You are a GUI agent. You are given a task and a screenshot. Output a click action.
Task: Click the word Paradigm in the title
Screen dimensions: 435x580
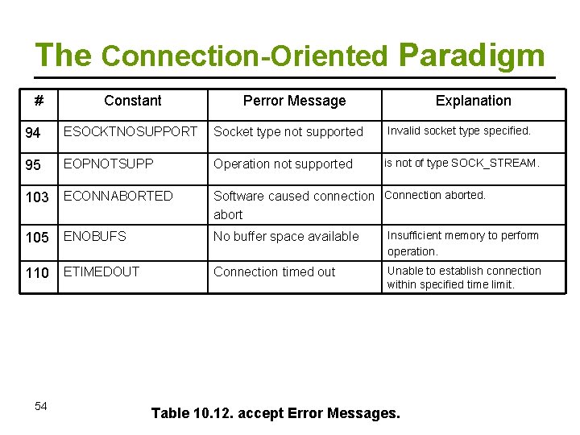tap(471, 56)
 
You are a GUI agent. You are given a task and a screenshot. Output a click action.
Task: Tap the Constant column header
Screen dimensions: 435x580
tap(132, 101)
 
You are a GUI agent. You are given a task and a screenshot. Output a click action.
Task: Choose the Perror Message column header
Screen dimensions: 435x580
tap(294, 101)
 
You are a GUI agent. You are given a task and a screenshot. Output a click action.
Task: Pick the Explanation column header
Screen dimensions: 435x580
tap(473, 101)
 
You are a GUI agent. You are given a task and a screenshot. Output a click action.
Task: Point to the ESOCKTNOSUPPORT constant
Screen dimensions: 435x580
tap(130, 130)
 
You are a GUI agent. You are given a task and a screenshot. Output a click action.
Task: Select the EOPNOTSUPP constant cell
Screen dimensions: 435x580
tap(108, 163)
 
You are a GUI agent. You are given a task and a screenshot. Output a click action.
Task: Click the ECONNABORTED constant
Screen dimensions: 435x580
tap(118, 196)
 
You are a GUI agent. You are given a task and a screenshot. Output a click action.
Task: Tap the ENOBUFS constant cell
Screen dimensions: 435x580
tap(95, 236)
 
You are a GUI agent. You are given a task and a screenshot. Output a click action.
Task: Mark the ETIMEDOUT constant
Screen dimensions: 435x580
tap(101, 271)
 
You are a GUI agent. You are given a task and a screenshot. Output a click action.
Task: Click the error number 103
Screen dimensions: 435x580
tap(38, 197)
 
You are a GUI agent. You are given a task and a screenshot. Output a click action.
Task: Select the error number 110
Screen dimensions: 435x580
tap(38, 273)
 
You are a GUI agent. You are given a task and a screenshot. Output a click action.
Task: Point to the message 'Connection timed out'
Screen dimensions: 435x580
tap(274, 272)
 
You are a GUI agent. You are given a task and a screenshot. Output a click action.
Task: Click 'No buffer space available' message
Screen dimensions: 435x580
tap(286, 236)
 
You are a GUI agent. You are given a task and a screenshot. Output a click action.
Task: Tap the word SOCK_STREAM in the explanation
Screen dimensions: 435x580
tap(494, 163)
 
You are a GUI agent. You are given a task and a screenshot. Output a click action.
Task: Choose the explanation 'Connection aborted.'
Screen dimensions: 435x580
tap(435, 195)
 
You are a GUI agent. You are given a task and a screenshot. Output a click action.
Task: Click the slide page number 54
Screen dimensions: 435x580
tap(41, 406)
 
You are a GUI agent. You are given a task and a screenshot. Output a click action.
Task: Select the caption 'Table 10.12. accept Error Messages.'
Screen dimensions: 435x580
tap(275, 413)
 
